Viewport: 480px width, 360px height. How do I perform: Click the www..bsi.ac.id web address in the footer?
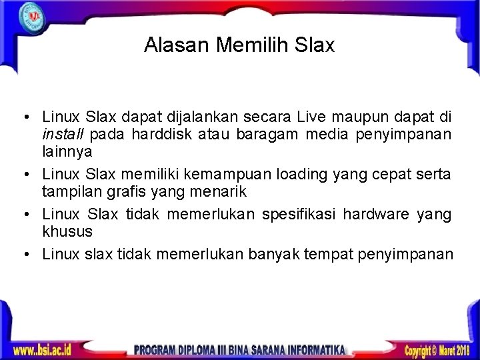(x=42, y=349)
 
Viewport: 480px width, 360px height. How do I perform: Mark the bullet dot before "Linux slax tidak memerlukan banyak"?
(x=23, y=254)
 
